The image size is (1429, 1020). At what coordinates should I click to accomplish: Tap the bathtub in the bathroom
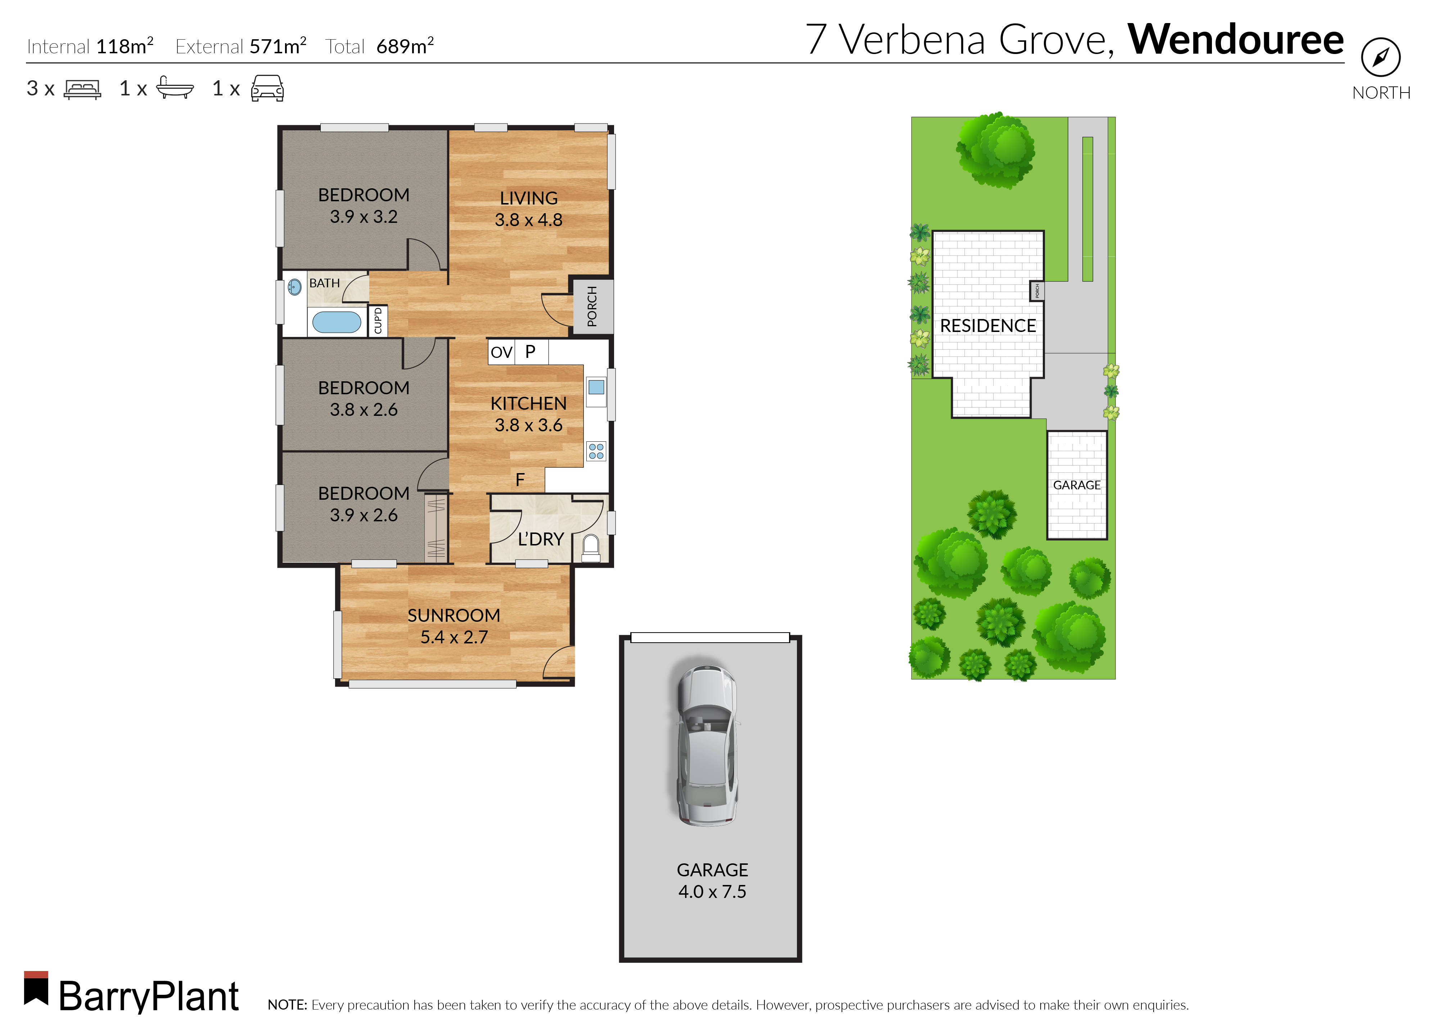pos(337,322)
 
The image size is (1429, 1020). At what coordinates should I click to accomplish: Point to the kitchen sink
pos(596,387)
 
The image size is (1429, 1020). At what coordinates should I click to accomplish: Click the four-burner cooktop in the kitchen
pos(596,451)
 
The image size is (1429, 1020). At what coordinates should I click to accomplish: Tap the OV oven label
pos(501,352)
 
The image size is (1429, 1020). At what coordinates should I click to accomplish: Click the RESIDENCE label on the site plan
pos(988,325)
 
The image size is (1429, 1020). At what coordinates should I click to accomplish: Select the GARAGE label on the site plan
pos(1076,485)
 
